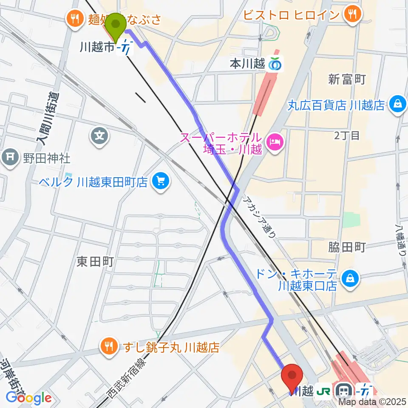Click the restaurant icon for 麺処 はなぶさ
pos(75,18)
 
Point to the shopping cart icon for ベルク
pos(161,182)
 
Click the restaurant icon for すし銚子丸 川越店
pos(109,347)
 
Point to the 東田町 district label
pos(95,262)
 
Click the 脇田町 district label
pos(347,247)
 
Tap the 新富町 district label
pos(347,79)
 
